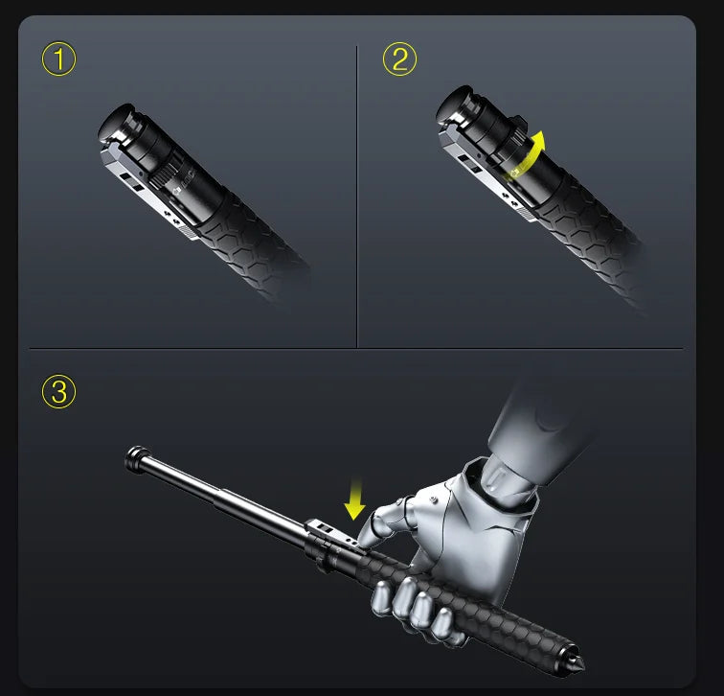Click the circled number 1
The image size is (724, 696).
pos(59,60)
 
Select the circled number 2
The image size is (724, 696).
pos(399,59)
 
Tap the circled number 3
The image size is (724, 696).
pos(59,392)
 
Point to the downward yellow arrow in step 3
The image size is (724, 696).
pos(355,498)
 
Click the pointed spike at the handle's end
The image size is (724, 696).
pos(578,661)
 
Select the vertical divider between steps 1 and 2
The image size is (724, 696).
pos(356,192)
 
